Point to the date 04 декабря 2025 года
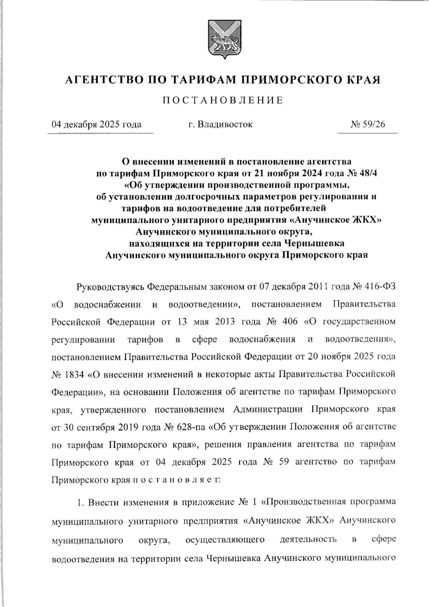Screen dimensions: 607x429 (x=97, y=124)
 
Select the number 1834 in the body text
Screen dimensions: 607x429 (x=74, y=375)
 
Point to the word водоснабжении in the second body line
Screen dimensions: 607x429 (x=108, y=304)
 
